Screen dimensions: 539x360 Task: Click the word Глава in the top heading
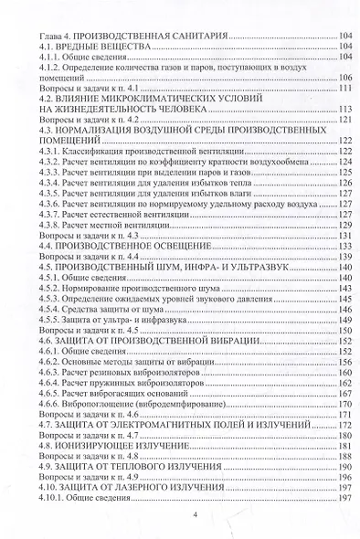tap(48, 35)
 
